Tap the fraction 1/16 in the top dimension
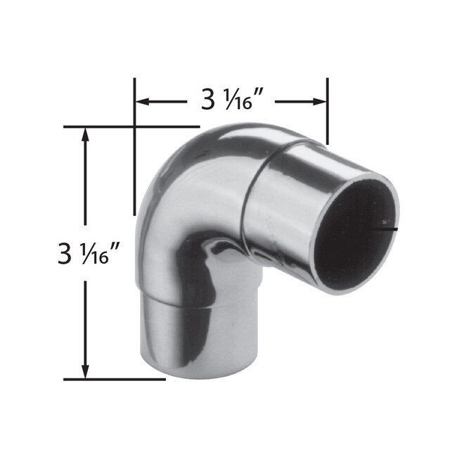pyautogui.click(x=234, y=101)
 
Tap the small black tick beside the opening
pyautogui.click(x=390, y=228)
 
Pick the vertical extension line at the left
pyautogui.click(x=134, y=162)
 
